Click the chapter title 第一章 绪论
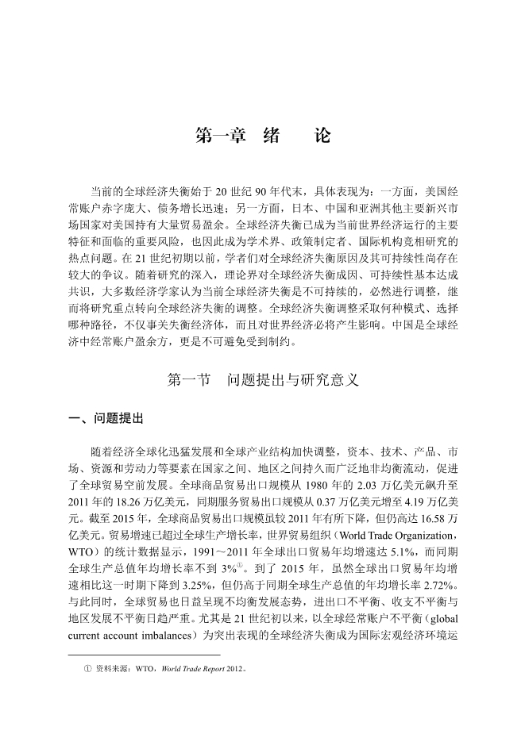(x=262, y=136)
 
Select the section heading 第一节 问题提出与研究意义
(x=262, y=380)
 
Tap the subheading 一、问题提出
(x=106, y=417)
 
